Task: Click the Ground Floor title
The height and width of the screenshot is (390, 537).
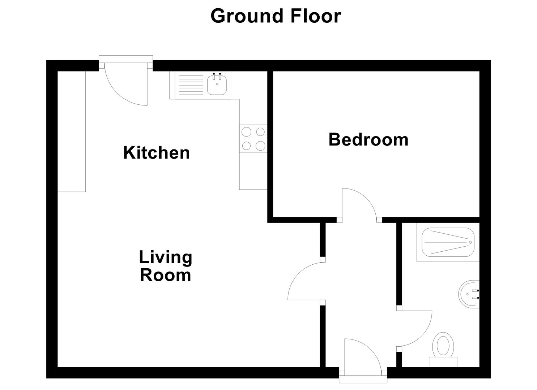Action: pos(276,16)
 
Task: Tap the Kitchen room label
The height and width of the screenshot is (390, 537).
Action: pos(157,152)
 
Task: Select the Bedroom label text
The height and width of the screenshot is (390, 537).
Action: pos(368,140)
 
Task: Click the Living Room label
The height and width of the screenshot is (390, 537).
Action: pos(165,266)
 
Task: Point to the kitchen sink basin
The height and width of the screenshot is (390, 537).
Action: pos(217,85)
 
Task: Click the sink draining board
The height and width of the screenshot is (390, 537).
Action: pos(191,85)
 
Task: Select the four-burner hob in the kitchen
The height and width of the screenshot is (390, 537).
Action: pos(253,139)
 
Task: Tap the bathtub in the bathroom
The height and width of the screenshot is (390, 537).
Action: pos(448,242)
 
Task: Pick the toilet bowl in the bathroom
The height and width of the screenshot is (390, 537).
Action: pos(443,345)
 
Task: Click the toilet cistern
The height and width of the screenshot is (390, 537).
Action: pos(443,362)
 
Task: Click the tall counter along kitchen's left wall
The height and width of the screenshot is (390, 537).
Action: pos(72,131)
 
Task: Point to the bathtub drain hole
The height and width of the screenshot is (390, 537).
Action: pos(470,242)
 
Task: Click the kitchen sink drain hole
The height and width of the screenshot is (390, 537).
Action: pos(217,84)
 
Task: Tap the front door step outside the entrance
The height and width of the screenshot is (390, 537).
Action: pos(363,379)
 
